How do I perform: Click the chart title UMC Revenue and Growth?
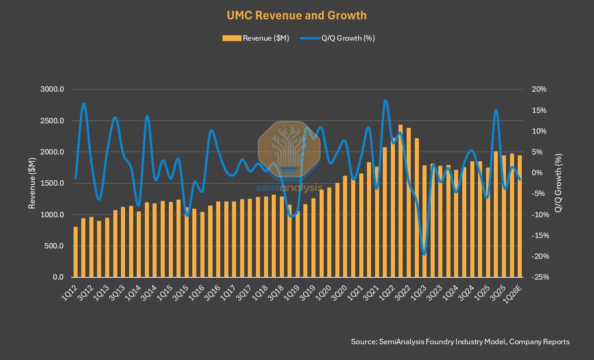coord(297,15)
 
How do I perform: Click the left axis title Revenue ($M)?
coord(32,184)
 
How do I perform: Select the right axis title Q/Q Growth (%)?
coord(559,184)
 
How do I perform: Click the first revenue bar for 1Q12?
coord(76,252)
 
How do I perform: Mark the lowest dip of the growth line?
coord(424,254)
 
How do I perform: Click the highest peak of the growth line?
coord(385,101)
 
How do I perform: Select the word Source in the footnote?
coord(363,342)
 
